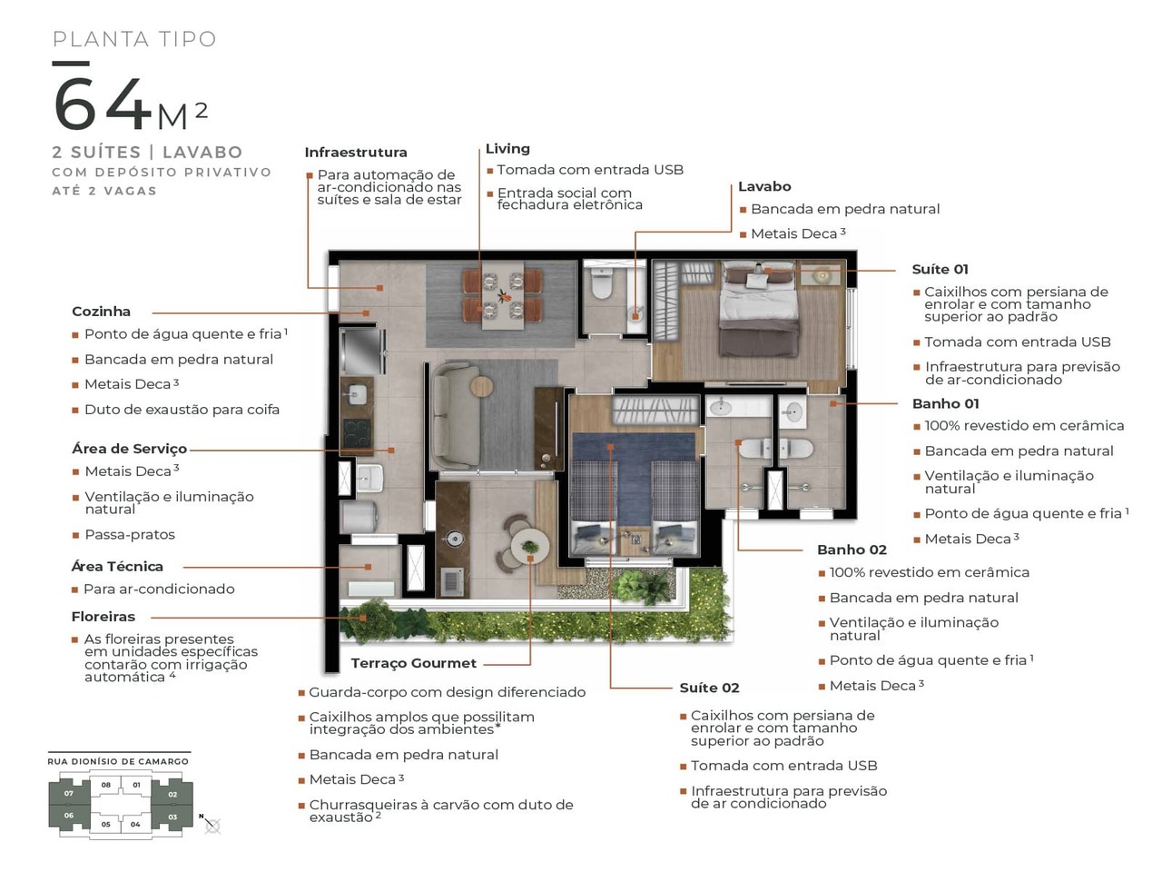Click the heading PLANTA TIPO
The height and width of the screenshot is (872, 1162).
tap(134, 39)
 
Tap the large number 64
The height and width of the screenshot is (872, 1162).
tap(102, 104)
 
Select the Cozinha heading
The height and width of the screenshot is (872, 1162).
tap(101, 312)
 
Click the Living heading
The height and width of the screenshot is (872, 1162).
tap(507, 149)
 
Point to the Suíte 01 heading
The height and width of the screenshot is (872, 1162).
tap(940, 270)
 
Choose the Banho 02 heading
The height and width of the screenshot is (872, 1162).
tap(852, 550)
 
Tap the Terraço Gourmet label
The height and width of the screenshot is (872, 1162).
tap(413, 663)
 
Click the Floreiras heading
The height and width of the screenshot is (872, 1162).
tap(103, 617)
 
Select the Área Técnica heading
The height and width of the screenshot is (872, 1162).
tap(117, 567)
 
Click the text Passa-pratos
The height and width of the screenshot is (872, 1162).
tap(130, 535)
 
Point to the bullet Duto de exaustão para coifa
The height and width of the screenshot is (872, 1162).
tap(182, 410)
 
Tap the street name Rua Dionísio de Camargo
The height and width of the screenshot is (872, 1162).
tap(118, 761)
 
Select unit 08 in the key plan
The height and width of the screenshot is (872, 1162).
tap(106, 785)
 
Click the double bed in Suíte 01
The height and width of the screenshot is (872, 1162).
tap(759, 309)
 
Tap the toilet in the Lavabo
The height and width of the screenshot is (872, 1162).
tap(602, 283)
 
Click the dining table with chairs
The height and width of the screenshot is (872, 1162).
tap(503, 295)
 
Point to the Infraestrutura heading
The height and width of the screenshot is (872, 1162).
tap(356, 153)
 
